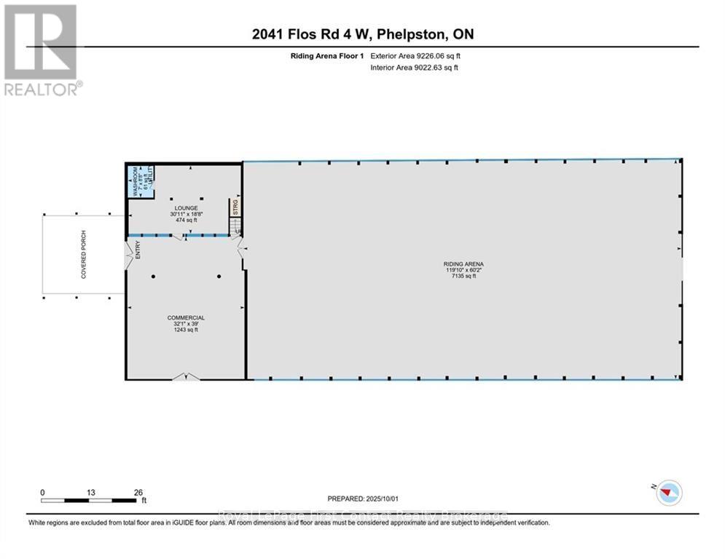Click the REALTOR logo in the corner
pos(41,49)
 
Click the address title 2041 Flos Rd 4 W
pos(361,34)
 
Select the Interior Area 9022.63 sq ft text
pos(414,68)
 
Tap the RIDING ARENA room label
pos(463,264)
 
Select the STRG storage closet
pos(235,206)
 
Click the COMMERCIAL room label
pos(186,318)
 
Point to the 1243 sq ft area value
pos(186,330)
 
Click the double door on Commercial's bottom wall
pos(185,376)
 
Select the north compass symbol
pos(667,493)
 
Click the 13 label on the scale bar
pos(90,492)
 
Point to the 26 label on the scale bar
pos(138,492)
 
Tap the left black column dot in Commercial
pos(154,277)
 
